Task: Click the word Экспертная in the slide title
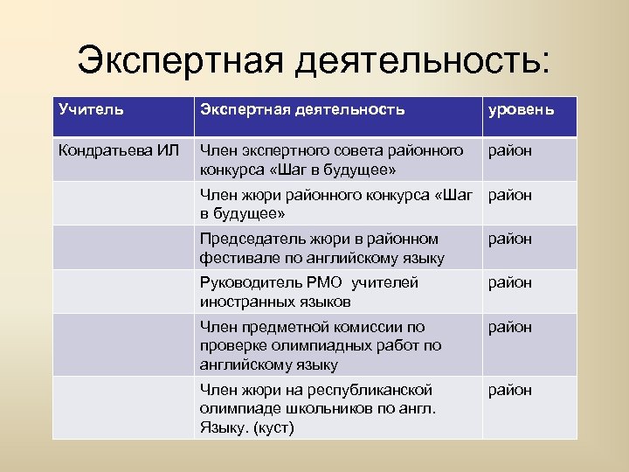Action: click(x=178, y=60)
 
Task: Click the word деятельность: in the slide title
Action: click(x=425, y=60)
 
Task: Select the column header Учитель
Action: click(x=91, y=109)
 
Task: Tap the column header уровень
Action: click(x=521, y=110)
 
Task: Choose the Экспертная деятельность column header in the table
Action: click(x=302, y=109)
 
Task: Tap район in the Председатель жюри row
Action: click(x=509, y=239)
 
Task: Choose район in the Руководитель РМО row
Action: click(x=509, y=282)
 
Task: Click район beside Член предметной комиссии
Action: click(x=509, y=327)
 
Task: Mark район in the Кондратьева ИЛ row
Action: click(x=509, y=151)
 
